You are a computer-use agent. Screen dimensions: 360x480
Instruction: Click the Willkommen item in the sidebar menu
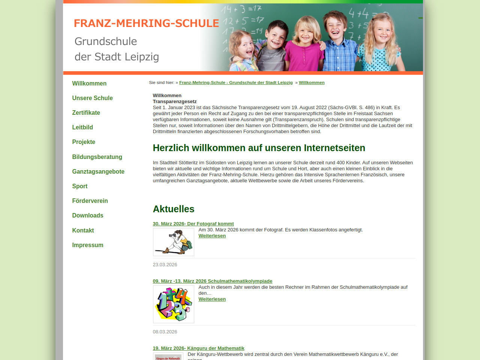pyautogui.click(x=89, y=83)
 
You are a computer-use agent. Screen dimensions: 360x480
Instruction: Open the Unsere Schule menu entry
pyautogui.click(x=92, y=98)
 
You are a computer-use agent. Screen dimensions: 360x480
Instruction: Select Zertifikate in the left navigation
pyautogui.click(x=86, y=112)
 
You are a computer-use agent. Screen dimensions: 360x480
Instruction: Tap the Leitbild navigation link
pyautogui.click(x=82, y=127)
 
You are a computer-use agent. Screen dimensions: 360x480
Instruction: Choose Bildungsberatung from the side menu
pyautogui.click(x=97, y=157)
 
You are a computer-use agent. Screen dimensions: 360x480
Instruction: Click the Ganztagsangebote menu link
pyautogui.click(x=98, y=171)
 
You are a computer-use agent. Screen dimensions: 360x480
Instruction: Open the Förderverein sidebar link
pyautogui.click(x=90, y=201)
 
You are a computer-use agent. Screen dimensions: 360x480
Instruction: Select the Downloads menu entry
pyautogui.click(x=88, y=215)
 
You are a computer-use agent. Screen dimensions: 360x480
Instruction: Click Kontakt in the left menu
pyautogui.click(x=83, y=230)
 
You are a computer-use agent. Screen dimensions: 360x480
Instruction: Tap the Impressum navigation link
pyautogui.click(x=88, y=245)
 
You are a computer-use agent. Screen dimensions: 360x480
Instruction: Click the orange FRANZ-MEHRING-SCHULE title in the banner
pyautogui.click(x=146, y=23)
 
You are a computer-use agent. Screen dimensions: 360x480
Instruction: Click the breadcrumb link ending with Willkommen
pyautogui.click(x=312, y=82)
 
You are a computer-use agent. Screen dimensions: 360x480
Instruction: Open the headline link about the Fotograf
pyautogui.click(x=193, y=224)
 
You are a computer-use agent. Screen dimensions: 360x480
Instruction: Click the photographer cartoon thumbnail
pyautogui.click(x=174, y=242)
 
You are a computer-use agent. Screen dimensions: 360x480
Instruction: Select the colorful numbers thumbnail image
pyautogui.click(x=174, y=304)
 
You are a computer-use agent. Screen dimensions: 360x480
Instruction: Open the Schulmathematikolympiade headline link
pyautogui.click(x=212, y=281)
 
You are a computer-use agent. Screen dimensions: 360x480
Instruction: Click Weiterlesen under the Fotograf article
pyautogui.click(x=212, y=236)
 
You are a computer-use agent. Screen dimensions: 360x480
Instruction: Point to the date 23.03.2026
pyautogui.click(x=165, y=265)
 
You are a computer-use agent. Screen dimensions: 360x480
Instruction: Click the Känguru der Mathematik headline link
pyautogui.click(x=198, y=348)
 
